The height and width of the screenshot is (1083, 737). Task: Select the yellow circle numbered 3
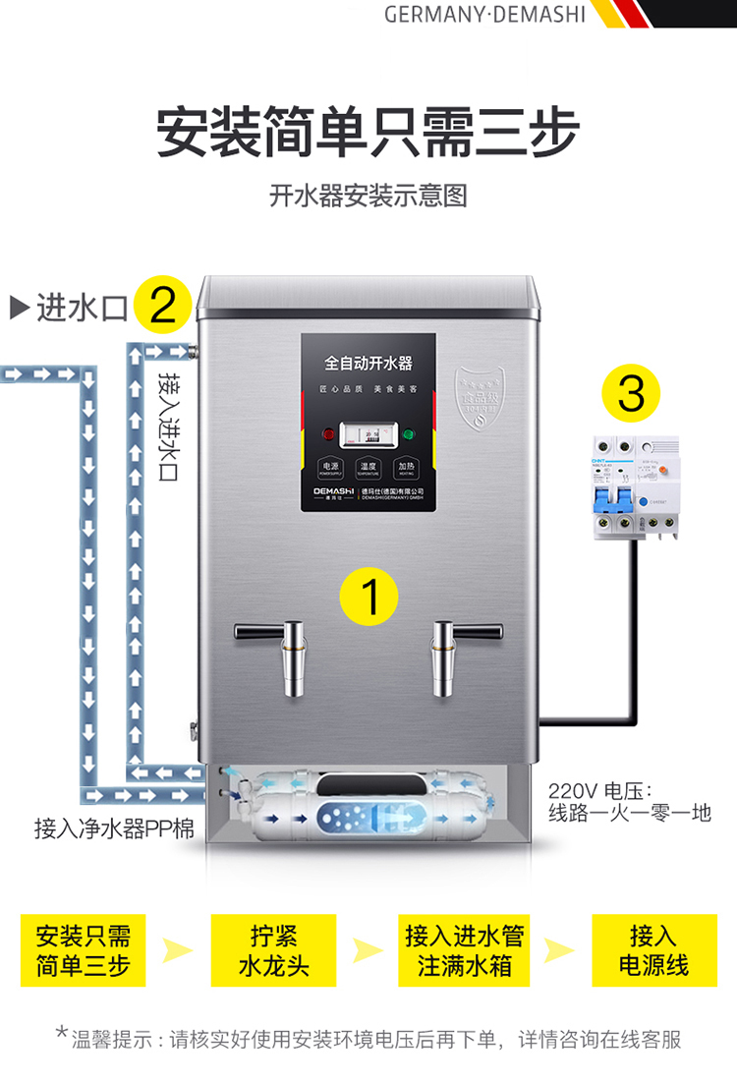coord(630,394)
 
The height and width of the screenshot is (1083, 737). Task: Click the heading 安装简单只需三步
coord(368,133)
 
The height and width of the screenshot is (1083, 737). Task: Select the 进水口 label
coord(83,309)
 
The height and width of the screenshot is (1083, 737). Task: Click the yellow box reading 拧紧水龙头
coord(273,950)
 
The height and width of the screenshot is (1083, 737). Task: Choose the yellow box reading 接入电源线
coord(652,950)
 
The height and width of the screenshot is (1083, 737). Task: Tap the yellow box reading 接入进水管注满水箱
coord(464,950)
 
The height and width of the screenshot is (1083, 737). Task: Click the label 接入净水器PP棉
coord(114,828)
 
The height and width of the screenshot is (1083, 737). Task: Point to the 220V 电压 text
coord(610,790)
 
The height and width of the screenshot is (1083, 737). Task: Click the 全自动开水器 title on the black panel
coord(368,364)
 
